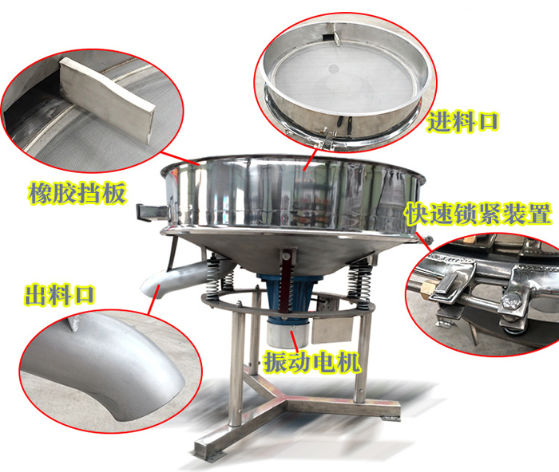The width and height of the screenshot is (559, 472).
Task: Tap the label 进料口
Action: [x=463, y=122]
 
